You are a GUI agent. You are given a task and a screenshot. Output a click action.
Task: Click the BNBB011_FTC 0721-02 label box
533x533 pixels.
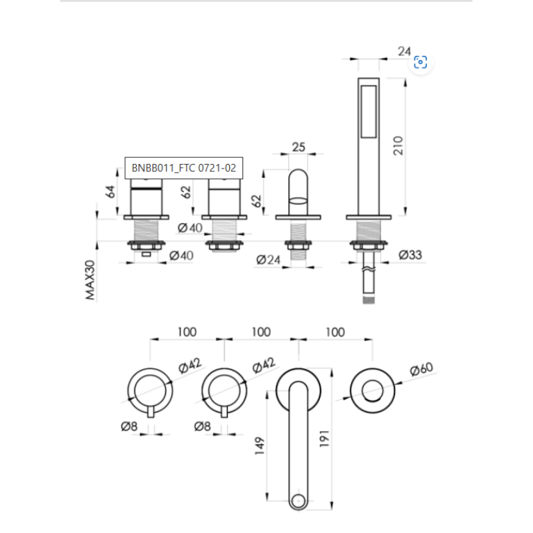tap(184, 168)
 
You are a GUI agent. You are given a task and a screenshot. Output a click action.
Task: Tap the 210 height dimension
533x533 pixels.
tap(398, 145)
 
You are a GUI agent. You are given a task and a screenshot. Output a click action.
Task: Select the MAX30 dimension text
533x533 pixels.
tap(90, 280)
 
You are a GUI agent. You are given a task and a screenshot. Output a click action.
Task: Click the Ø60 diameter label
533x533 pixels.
tap(422, 369)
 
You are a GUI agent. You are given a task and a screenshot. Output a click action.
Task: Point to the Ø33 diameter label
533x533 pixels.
tap(410, 255)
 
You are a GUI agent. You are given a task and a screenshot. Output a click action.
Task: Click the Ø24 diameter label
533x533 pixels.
tap(268, 260)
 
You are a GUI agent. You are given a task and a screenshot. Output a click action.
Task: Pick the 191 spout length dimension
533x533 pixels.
tap(324, 438)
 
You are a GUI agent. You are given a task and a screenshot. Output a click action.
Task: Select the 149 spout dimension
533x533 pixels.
tap(259, 446)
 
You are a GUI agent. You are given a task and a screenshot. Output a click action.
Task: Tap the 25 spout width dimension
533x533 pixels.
tap(298, 147)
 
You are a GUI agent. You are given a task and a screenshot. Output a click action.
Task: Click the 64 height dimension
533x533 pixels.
tap(110, 192)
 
